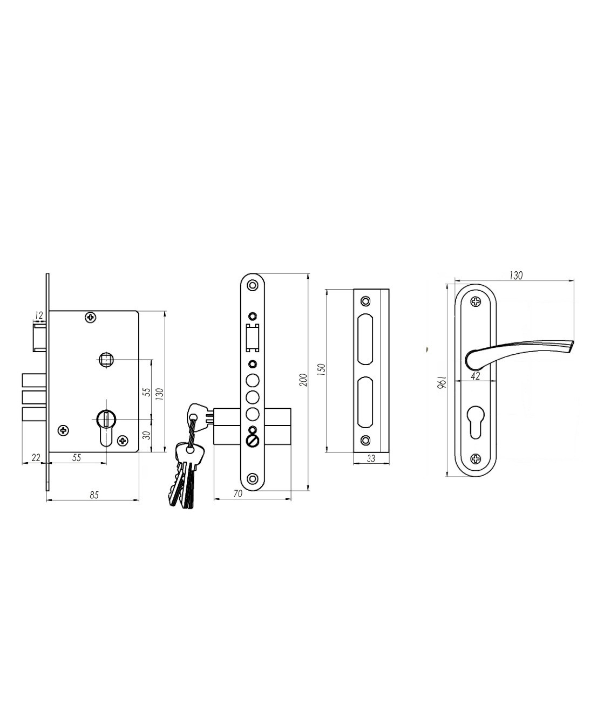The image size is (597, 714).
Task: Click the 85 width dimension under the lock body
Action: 94,495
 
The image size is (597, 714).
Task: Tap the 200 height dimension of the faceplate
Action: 304,380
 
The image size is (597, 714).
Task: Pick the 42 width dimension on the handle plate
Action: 476,376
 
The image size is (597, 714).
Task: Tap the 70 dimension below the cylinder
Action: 238,493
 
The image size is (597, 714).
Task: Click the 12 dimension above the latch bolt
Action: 39,315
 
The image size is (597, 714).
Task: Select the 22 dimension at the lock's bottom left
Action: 36,457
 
